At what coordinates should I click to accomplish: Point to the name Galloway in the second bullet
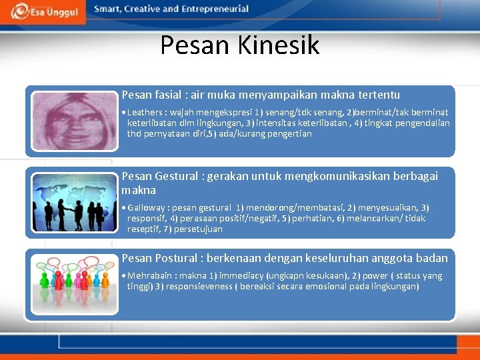[147, 208]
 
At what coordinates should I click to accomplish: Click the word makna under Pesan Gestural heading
[139, 191]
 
